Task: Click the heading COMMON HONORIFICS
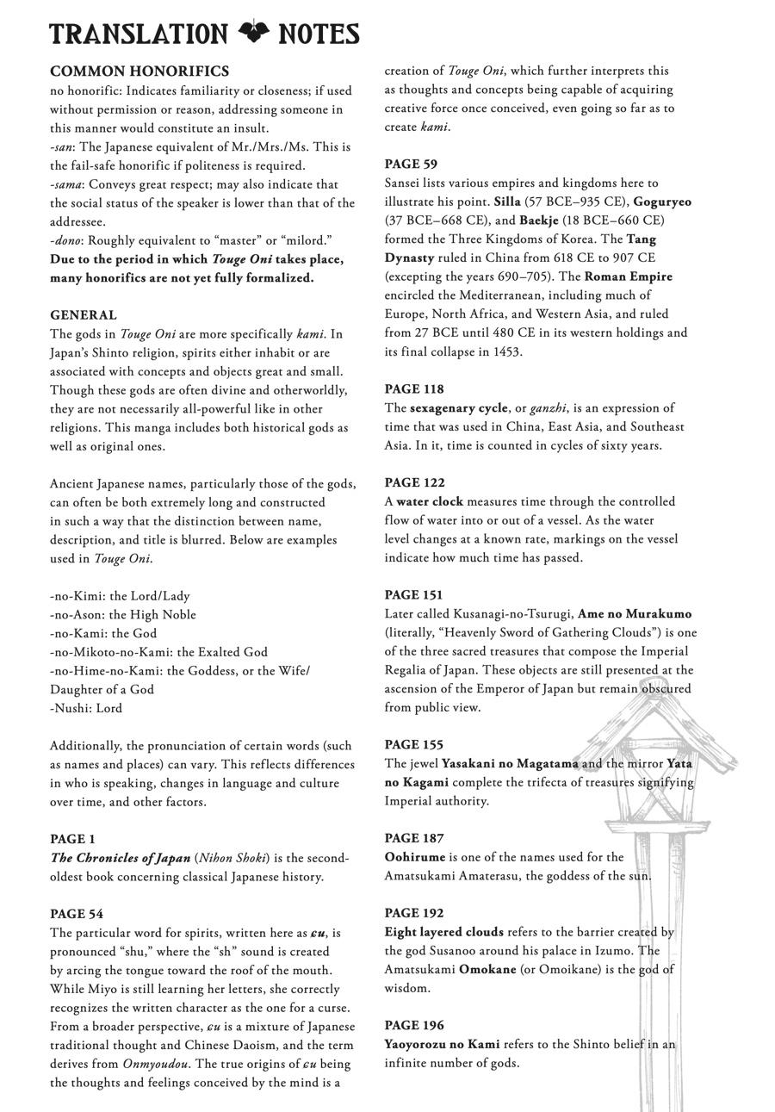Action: pos(139,71)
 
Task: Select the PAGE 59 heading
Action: pos(411,164)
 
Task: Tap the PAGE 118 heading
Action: pos(414,389)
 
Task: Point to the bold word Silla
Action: pos(507,202)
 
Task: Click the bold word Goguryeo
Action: pos(662,202)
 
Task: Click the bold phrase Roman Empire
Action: pos(628,276)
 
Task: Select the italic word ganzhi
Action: pos(548,408)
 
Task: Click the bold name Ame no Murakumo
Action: pos(635,614)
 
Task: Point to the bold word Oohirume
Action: pos(414,858)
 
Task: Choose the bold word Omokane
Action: pos(487,970)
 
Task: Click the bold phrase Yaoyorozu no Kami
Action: pos(442,1045)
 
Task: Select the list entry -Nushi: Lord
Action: pos(86,709)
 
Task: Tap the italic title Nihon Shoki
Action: pos(232,859)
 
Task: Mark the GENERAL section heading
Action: pos(84,315)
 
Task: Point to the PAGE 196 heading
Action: pos(414,1026)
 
